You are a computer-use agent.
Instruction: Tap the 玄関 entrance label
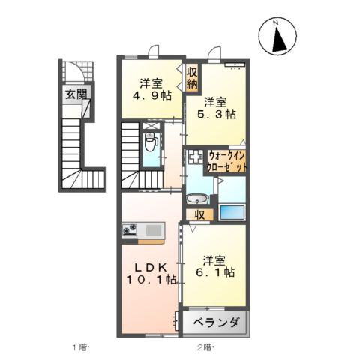pos(73,95)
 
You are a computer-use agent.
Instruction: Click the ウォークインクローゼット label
pos(227,161)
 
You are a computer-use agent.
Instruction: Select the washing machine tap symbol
pos(195,158)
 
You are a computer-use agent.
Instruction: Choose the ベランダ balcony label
pos(216,323)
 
